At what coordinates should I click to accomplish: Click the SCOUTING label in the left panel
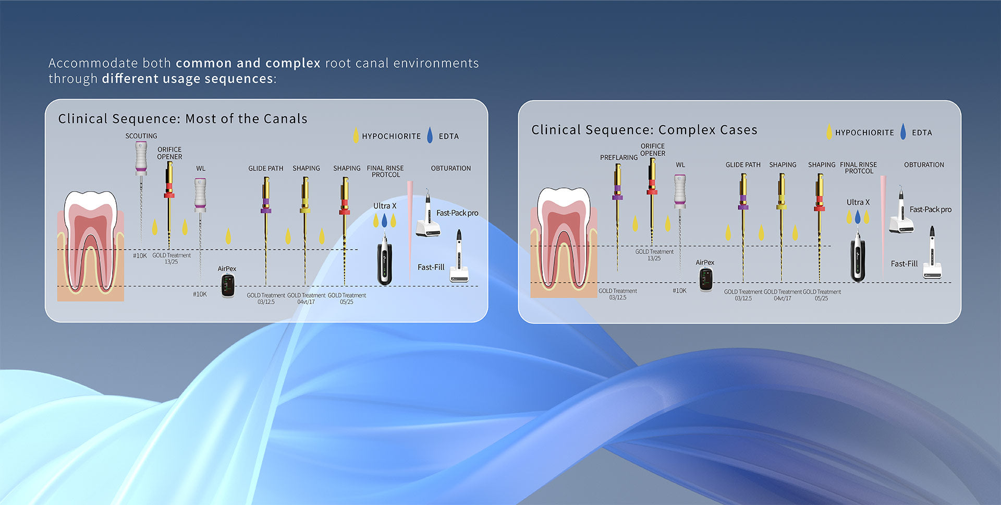141,136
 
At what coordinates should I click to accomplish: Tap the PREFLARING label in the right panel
618,158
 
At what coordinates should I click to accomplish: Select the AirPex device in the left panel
228,285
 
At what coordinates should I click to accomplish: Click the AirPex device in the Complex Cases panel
706,279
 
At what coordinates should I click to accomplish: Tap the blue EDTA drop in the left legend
430,135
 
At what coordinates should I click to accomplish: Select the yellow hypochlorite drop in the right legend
829,131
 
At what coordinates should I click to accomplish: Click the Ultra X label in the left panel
385,206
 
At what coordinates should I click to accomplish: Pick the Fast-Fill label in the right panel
904,264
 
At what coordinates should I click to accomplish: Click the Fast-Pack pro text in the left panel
457,213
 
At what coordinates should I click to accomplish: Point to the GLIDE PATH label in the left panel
265,169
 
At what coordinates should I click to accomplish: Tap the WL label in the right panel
680,165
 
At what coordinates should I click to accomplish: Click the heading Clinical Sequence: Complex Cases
644,130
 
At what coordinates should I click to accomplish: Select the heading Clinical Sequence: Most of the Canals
182,119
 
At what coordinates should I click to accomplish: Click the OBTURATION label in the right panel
924,165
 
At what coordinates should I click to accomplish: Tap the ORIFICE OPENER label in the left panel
169,153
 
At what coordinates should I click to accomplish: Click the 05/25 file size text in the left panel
347,302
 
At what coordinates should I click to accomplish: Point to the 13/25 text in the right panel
654,258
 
